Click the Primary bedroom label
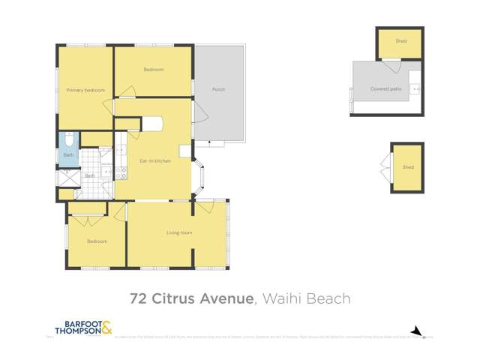tap(85, 90)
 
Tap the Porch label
tap(218, 89)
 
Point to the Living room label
tap(179, 232)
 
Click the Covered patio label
tap(385, 88)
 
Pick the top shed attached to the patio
tap(400, 42)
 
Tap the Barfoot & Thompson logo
tap(83, 328)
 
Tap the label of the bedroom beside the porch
tap(154, 70)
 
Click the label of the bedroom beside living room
tap(97, 241)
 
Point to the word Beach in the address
tap(331, 299)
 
